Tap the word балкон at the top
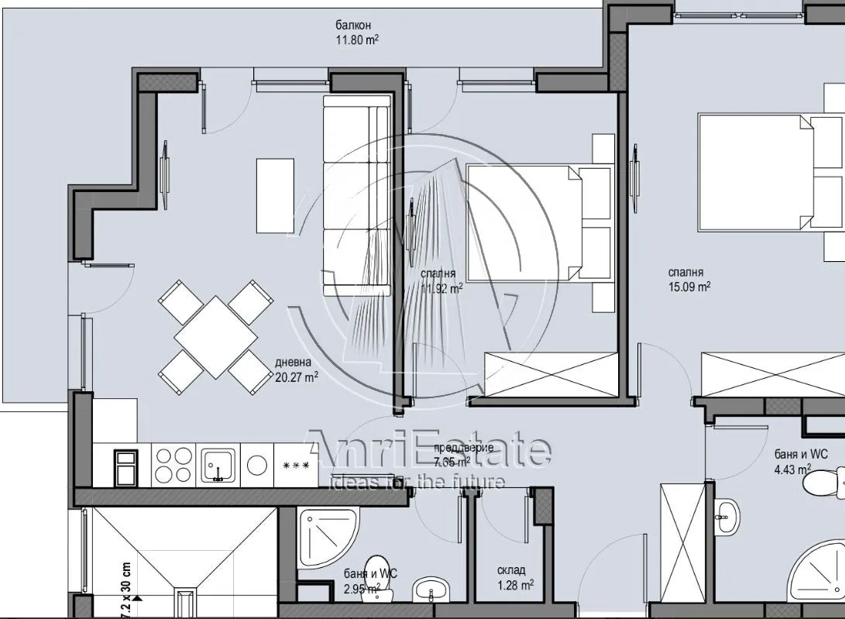coord(352,24)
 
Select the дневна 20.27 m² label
coord(296,370)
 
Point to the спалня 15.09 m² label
coord(689,279)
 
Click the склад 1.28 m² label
coord(514,577)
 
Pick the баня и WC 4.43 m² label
coord(800,461)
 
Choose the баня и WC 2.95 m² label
coord(370,580)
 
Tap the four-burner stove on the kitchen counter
coord(173,465)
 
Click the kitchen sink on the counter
coord(218,465)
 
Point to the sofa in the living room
coord(356,195)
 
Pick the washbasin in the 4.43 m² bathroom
coord(726,517)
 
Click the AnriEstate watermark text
coord(430,449)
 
